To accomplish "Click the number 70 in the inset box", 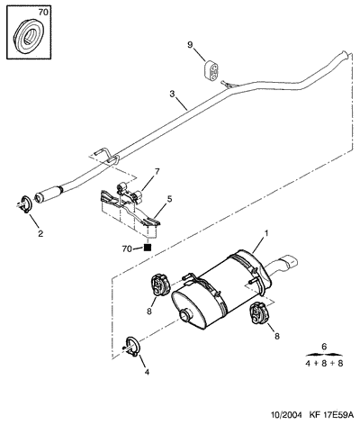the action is click(43, 13).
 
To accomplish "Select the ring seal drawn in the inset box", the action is click(29, 36).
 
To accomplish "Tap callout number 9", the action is click(190, 45).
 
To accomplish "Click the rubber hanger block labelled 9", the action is click(211, 69).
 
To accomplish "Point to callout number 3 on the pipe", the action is click(172, 94).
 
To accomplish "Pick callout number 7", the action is click(157, 172).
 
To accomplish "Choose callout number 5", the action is click(169, 199).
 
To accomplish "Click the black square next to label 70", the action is click(148, 248).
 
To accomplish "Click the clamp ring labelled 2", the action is click(26, 204).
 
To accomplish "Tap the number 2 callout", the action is click(40, 233).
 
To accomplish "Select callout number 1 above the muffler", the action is click(266, 233).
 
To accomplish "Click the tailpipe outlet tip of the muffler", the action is click(289, 262).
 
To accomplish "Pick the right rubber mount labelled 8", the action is click(258, 313).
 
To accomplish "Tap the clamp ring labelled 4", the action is click(132, 347).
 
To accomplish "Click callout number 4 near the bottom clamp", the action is click(147, 372).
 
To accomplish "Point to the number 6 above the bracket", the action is click(324, 347).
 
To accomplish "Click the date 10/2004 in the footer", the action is click(287, 415).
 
